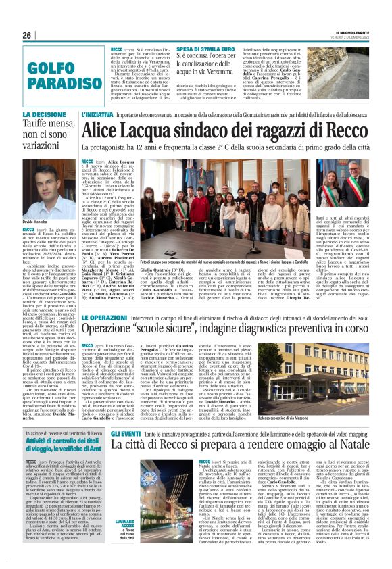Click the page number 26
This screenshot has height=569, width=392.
[x=27, y=34]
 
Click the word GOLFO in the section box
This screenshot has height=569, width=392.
[x=50, y=68]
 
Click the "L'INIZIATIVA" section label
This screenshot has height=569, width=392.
[x=97, y=116]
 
